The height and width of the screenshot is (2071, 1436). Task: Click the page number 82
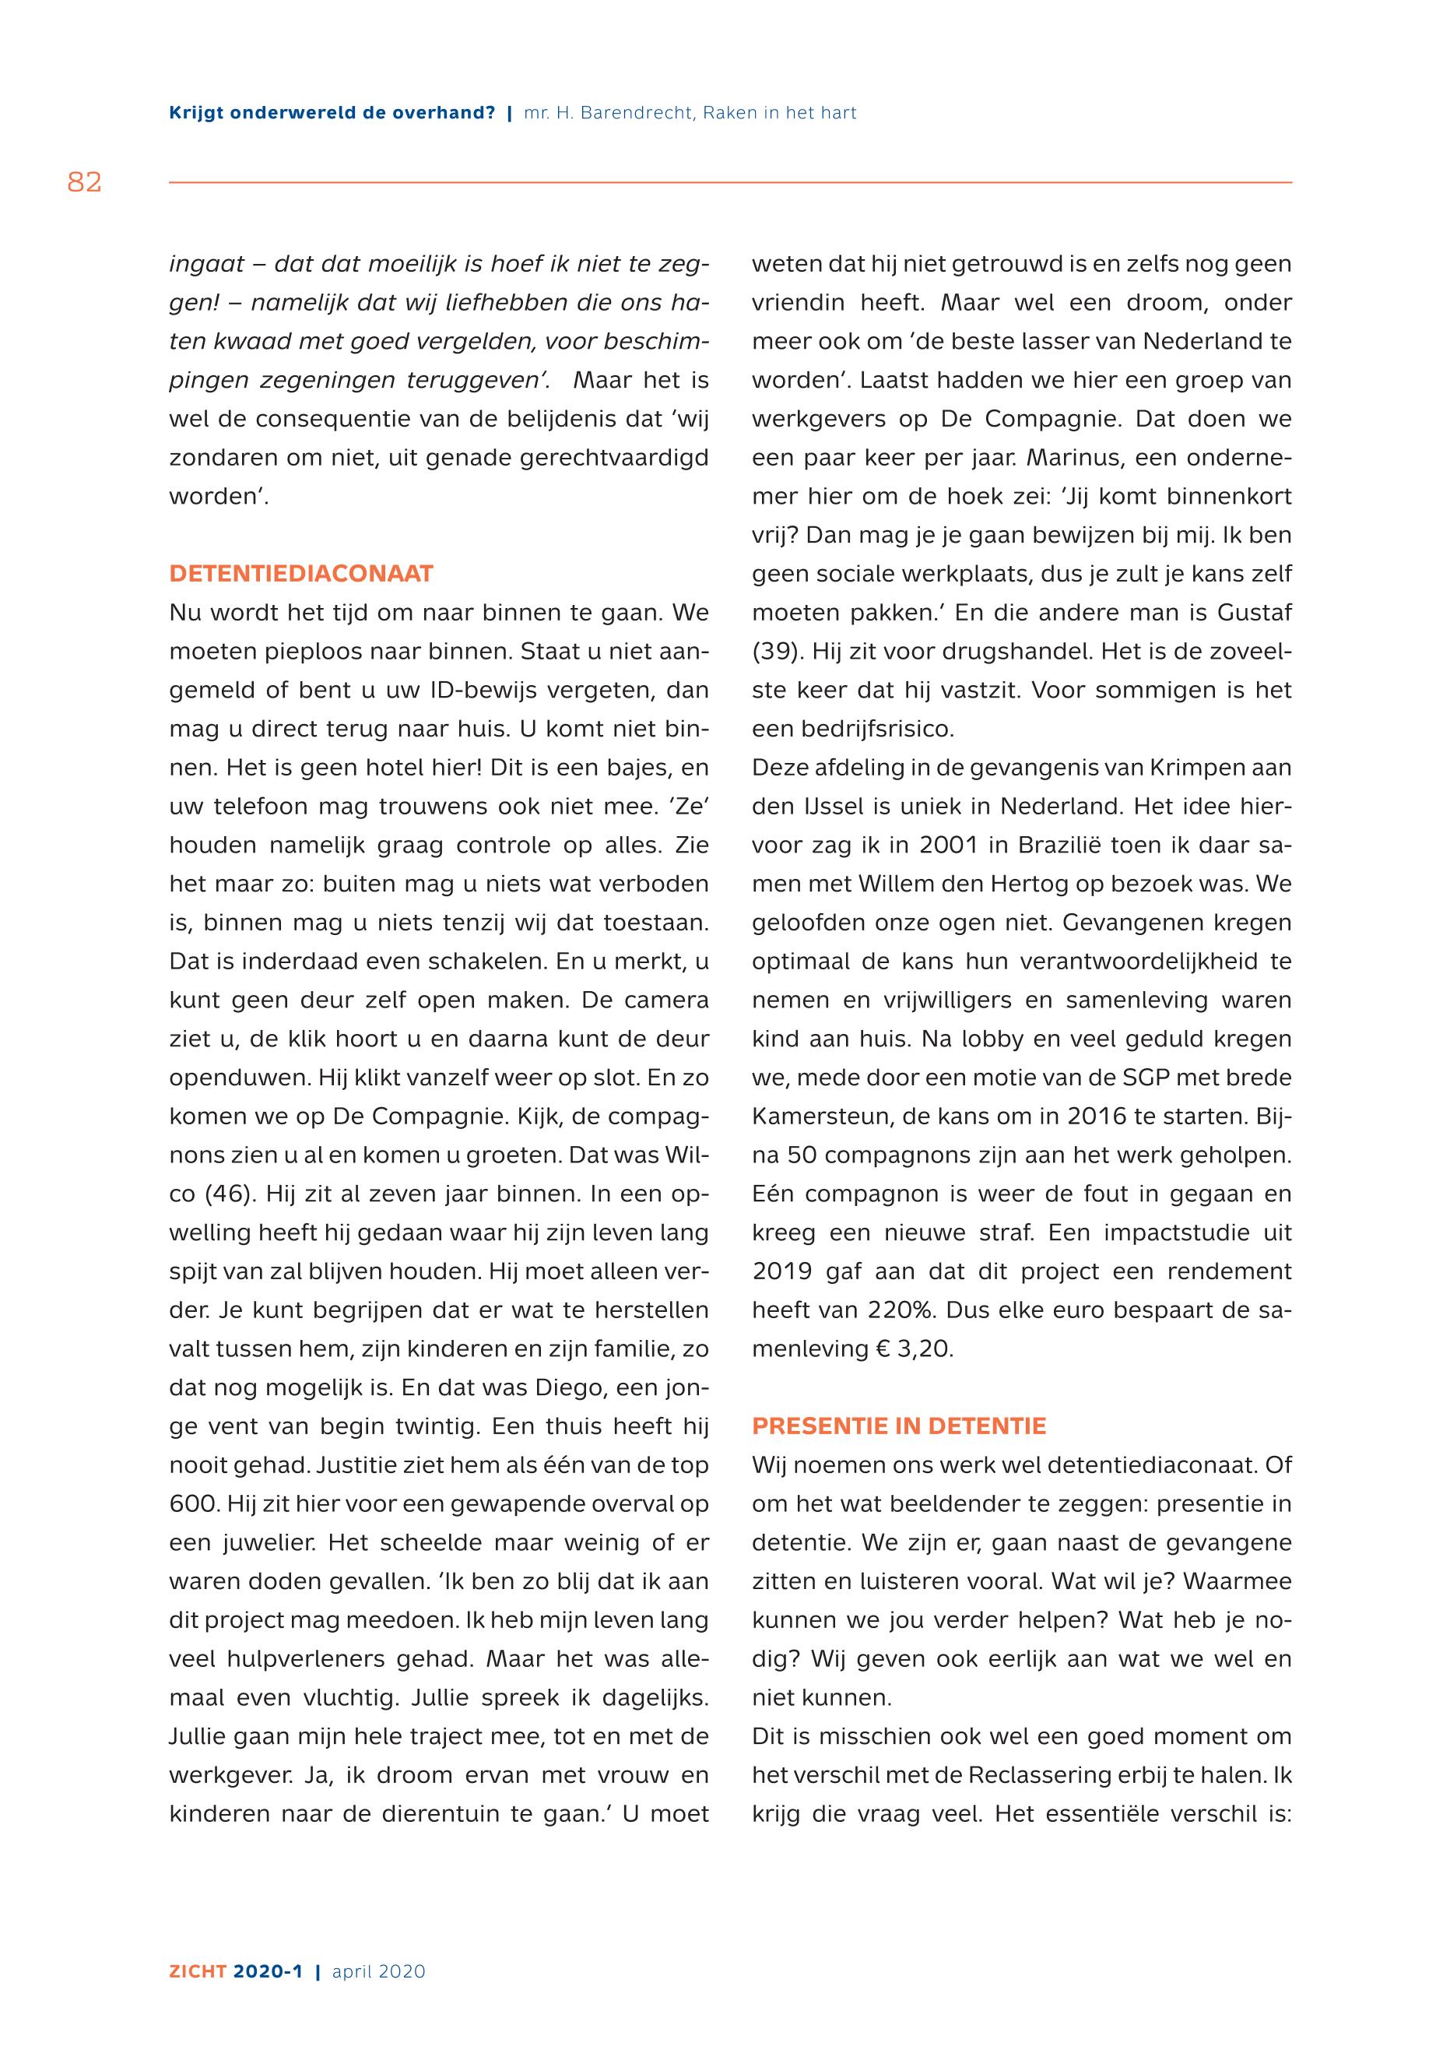click(85, 183)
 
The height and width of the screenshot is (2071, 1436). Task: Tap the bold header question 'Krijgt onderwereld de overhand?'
click(332, 114)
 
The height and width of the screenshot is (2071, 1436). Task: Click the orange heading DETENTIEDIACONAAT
click(301, 575)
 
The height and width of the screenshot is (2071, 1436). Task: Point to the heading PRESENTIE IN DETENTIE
click(899, 1426)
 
